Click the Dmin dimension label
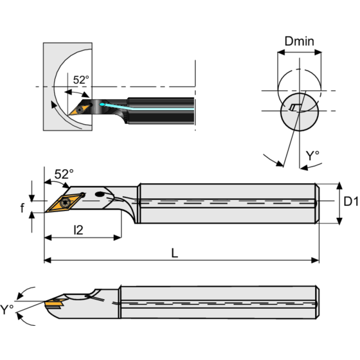(299, 41)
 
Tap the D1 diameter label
(351, 202)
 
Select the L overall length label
(175, 253)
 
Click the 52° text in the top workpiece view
(81, 80)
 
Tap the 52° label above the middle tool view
(63, 174)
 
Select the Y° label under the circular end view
(312, 156)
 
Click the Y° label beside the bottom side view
(7, 309)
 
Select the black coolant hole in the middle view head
(100, 195)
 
